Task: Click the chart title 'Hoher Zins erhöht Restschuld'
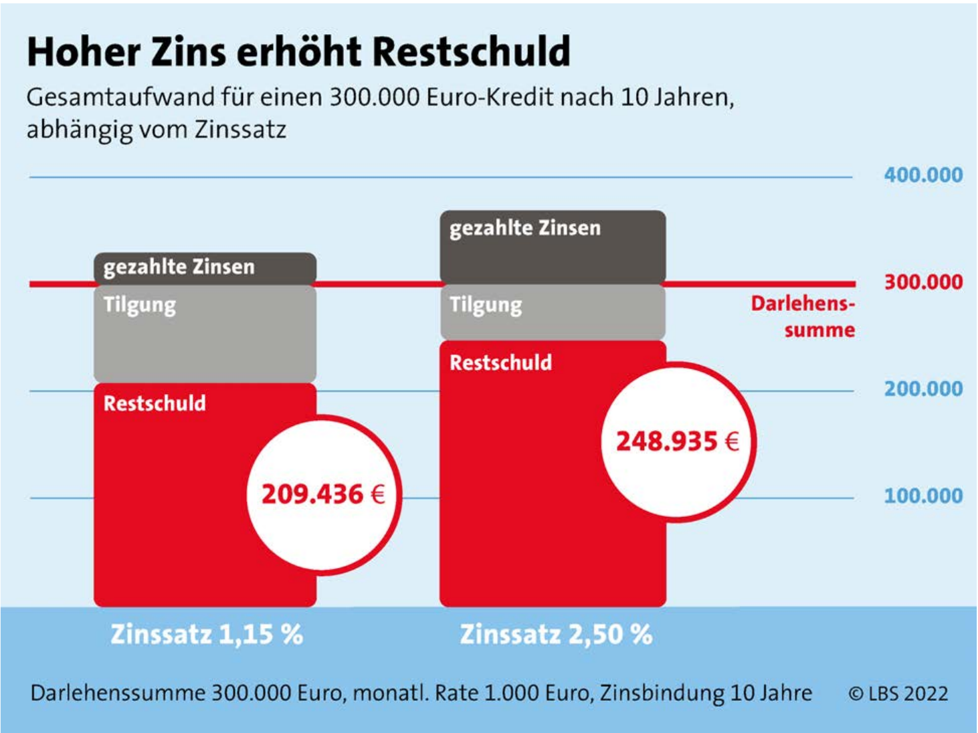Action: point(298,51)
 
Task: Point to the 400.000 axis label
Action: point(923,175)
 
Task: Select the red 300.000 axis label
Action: point(923,282)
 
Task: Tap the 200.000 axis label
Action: point(923,389)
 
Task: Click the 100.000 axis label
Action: point(923,496)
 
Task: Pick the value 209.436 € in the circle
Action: point(323,494)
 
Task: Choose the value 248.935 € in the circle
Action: point(677,441)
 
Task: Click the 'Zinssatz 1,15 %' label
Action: point(207,634)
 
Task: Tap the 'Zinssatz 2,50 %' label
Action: point(556,634)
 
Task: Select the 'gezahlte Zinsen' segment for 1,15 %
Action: point(205,268)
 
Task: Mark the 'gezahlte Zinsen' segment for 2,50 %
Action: point(553,246)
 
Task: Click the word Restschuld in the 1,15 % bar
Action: point(155,403)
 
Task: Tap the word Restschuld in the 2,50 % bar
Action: point(501,362)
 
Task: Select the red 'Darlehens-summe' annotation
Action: point(803,316)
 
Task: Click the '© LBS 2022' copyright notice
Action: point(898,694)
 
